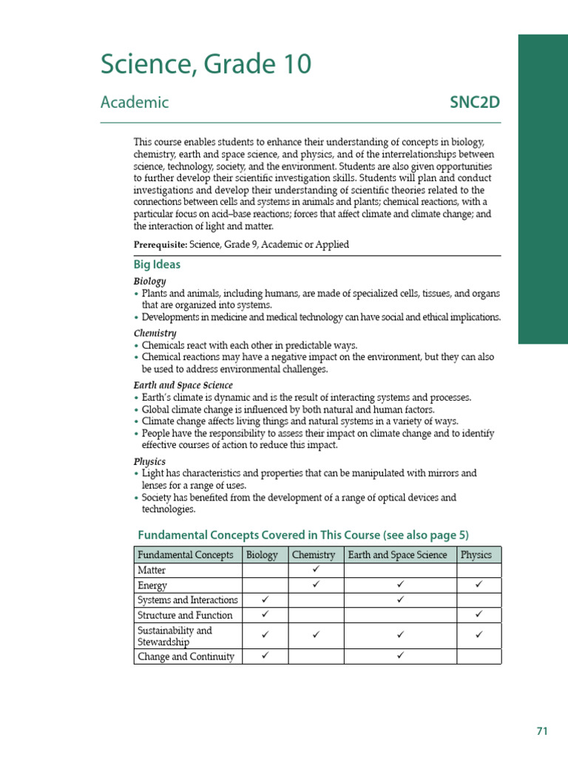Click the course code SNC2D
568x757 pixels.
[x=475, y=103]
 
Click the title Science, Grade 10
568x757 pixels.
[x=206, y=65]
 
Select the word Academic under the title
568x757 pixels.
[x=135, y=103]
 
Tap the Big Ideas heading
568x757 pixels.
[x=157, y=265]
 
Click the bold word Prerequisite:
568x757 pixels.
[x=160, y=244]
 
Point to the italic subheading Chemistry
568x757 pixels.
[x=155, y=333]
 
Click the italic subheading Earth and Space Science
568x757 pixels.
[x=183, y=385]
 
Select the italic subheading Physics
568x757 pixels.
[x=149, y=461]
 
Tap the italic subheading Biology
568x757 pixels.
[x=149, y=282]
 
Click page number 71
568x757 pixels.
[x=542, y=731]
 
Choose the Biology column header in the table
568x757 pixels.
[x=262, y=555]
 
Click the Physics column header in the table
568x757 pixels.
[x=476, y=555]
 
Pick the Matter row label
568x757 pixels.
[x=152, y=571]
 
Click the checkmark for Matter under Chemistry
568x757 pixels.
[x=316, y=570]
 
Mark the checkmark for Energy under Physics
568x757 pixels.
[x=479, y=585]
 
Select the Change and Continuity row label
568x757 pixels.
[x=186, y=656]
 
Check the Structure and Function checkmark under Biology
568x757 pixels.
[x=265, y=614]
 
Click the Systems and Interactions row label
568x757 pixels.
[x=188, y=600]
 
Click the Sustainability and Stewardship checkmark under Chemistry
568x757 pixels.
[x=316, y=635]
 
